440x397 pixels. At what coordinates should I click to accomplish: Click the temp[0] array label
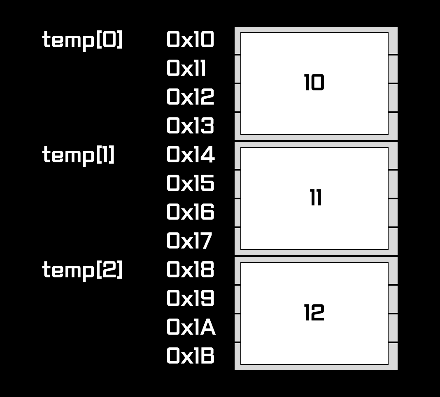82,40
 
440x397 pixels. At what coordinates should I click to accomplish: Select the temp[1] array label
78,155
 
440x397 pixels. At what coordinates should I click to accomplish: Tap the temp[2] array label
82,270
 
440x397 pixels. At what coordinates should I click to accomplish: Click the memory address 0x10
190,40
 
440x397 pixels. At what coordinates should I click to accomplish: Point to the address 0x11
186,69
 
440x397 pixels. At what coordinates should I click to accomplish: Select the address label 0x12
190,97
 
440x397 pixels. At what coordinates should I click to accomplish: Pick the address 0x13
190,126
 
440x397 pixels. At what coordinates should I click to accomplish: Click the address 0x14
190,155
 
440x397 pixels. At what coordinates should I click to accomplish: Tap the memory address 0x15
190,184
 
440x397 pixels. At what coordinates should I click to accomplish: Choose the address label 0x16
190,212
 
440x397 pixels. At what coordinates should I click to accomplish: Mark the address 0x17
189,241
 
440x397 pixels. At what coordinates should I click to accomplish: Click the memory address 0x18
190,270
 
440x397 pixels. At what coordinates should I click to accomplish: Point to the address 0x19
190,299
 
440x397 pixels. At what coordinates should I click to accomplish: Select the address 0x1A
191,328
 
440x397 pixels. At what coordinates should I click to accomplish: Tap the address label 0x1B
190,356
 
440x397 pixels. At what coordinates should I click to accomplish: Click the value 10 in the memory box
314,83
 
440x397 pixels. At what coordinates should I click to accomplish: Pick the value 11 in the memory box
316,198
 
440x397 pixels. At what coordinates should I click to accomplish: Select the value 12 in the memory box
314,313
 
